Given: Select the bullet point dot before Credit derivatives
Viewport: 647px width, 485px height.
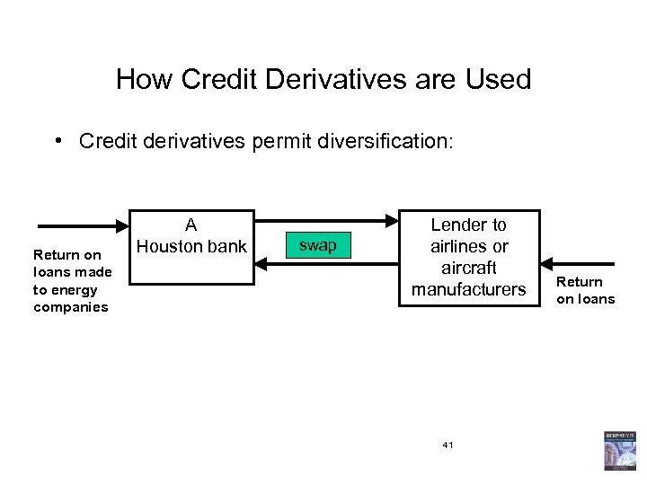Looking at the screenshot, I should pyautogui.click(x=57, y=141).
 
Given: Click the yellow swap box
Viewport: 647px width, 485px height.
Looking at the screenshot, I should pyautogui.click(x=317, y=244).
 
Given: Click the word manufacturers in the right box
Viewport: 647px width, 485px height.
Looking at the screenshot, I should pyautogui.click(x=468, y=289).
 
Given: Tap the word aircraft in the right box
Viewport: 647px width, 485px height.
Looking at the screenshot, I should pyautogui.click(x=469, y=268).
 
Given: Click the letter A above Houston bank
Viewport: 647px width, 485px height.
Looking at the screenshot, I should pyautogui.click(x=191, y=225).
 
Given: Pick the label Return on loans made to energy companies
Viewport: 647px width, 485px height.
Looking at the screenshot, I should pyautogui.click(x=71, y=281).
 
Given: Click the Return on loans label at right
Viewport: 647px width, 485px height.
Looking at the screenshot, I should pyautogui.click(x=585, y=290).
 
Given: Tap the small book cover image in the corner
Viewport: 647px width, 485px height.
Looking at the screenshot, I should pyautogui.click(x=619, y=450).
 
